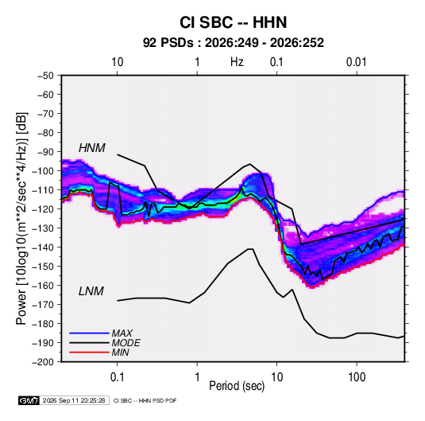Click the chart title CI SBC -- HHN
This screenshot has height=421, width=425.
click(233, 22)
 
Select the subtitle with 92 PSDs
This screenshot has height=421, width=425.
click(234, 43)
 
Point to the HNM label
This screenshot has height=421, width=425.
click(92, 148)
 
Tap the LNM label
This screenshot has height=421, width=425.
click(91, 291)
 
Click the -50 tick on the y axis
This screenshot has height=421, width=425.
click(45, 76)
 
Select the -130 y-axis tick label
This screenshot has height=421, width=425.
click(43, 228)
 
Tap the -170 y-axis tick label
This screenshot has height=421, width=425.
click(43, 305)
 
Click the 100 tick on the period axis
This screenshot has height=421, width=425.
click(357, 377)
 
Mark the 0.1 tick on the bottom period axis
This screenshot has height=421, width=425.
click(117, 377)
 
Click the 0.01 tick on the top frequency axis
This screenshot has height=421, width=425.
click(357, 62)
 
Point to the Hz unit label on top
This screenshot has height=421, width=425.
click(237, 62)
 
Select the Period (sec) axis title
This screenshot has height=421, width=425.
click(237, 386)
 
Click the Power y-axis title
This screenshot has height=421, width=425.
click(21, 219)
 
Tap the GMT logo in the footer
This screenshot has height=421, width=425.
click(29, 400)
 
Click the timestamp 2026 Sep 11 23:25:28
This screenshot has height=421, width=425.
click(74, 400)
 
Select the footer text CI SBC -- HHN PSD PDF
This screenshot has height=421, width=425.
click(145, 400)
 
